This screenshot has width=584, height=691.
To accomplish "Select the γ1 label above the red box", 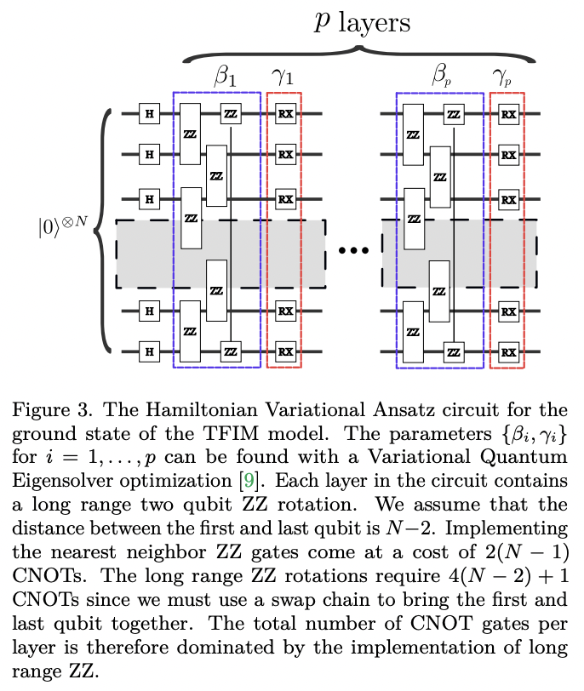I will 283,79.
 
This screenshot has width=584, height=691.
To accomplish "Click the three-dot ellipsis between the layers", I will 353,251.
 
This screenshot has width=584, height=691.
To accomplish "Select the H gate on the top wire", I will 150,113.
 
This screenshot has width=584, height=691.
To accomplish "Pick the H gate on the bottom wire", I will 150,350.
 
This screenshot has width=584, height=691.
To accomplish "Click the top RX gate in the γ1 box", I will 285,113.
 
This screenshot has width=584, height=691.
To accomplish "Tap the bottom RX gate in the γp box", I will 508,350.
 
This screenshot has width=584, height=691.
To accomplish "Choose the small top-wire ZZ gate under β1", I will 230,113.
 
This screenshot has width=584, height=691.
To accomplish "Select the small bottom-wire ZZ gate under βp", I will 454,350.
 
